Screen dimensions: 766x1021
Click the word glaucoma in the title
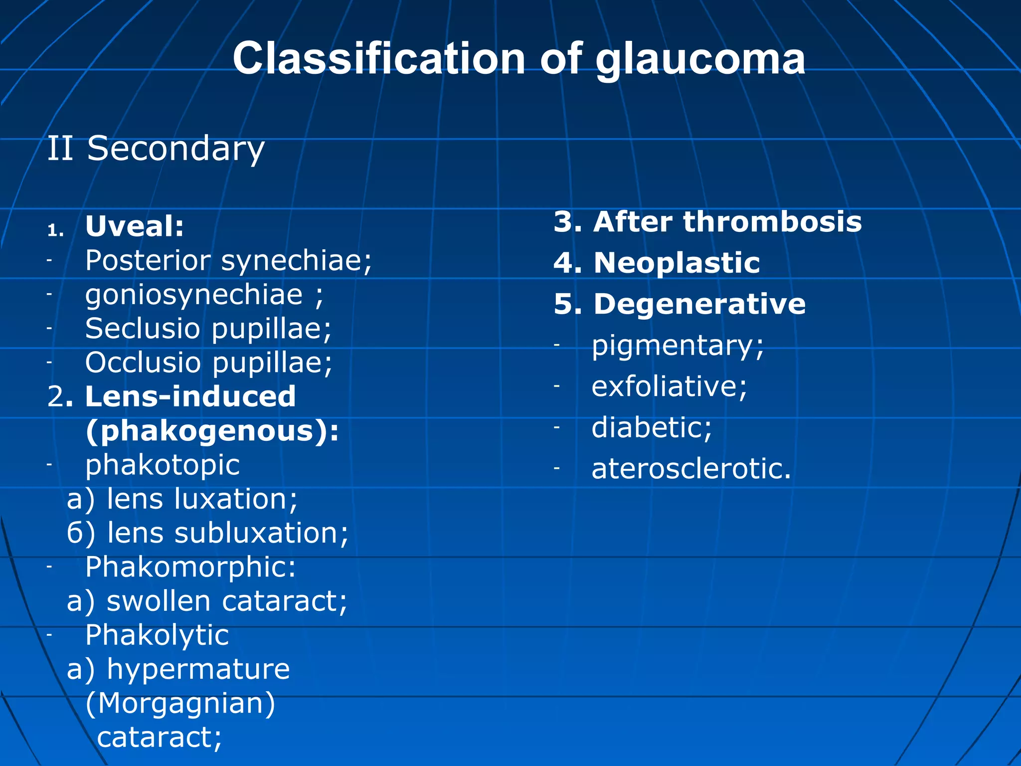point(700,60)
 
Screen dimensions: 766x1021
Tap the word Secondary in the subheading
point(175,149)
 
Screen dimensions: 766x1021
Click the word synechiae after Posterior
point(296,261)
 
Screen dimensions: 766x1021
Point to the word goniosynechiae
point(194,295)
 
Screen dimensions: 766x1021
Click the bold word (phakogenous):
point(212,431)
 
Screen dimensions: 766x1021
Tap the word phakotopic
point(163,465)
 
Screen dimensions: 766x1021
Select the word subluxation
point(261,533)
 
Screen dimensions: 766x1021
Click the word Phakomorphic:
point(190,568)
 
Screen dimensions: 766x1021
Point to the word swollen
point(159,601)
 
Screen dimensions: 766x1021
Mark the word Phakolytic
point(157,636)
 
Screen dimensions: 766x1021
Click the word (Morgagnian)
point(180,704)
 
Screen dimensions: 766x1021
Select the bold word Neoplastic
point(677,263)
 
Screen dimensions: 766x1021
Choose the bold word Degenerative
point(699,304)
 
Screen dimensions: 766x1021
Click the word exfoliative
point(669,387)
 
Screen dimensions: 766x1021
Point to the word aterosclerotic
point(691,469)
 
